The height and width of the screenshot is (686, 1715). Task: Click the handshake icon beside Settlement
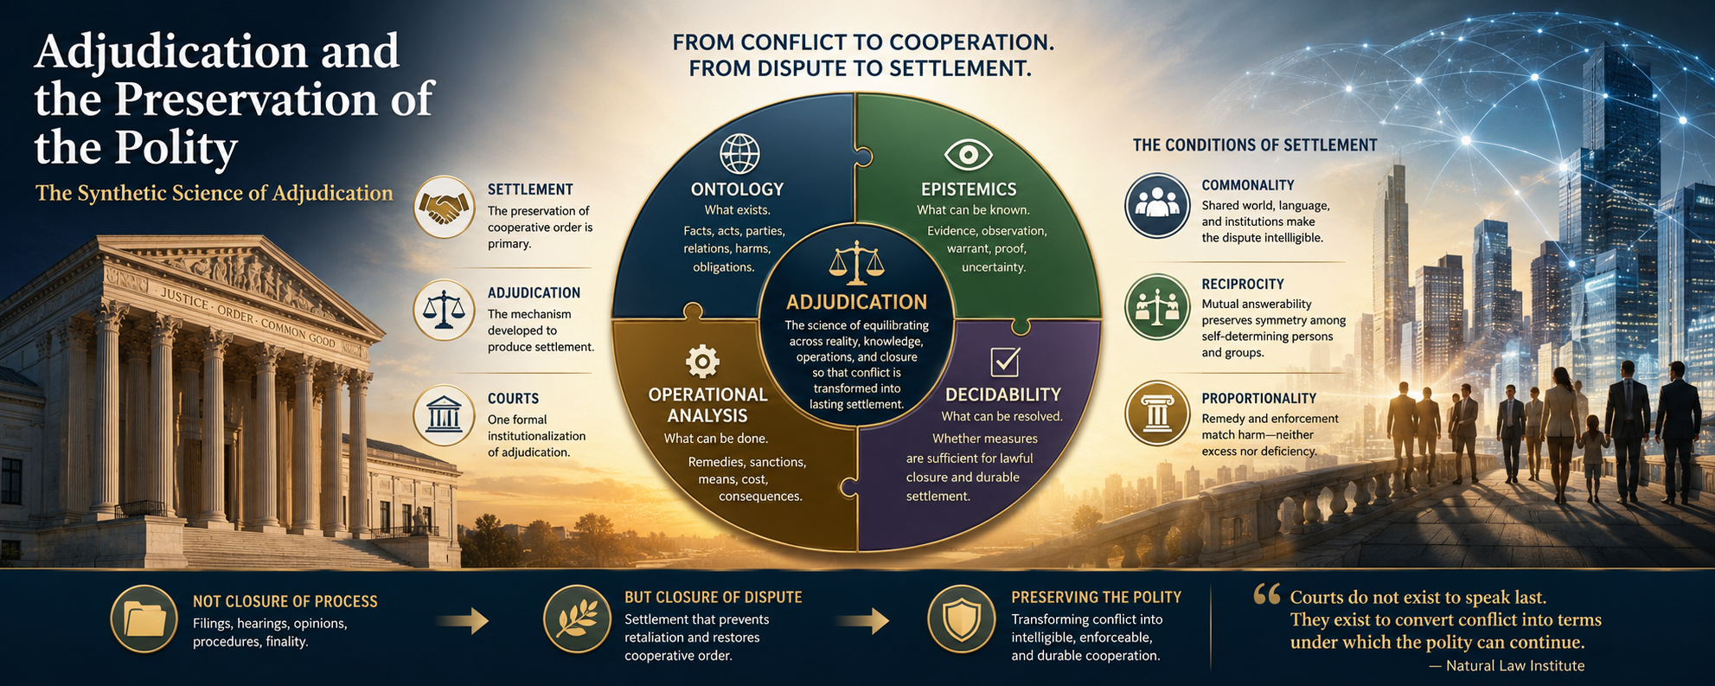(443, 207)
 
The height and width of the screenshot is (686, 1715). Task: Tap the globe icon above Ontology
(739, 155)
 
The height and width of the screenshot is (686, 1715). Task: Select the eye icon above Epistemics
(968, 156)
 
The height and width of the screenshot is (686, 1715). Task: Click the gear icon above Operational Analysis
(702, 362)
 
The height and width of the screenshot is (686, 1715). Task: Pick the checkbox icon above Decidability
(1005, 362)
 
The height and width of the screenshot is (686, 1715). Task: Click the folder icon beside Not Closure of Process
(144, 619)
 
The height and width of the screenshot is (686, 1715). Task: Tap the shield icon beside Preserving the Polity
(961, 619)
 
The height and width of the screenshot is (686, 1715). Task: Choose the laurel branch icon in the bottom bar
(576, 619)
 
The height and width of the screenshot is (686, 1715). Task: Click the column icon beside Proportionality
(1157, 414)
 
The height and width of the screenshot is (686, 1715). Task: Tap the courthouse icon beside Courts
(443, 415)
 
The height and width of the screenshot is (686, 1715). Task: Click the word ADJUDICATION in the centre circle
(856, 302)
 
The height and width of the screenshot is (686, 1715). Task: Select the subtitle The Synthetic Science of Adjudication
(214, 193)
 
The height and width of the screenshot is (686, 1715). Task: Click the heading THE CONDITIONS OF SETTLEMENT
(1255, 145)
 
